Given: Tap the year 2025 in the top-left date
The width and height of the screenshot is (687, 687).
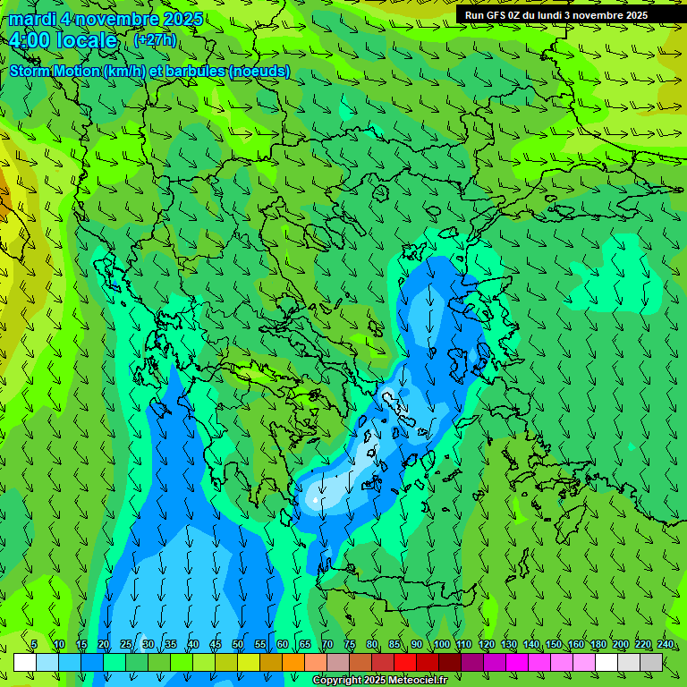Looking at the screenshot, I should point(182,19).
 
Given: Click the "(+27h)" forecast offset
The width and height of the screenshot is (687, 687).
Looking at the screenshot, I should point(155,40).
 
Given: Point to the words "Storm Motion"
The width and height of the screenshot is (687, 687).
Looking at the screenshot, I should point(55,71).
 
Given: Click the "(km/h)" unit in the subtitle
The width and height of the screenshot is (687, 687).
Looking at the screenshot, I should point(127,71).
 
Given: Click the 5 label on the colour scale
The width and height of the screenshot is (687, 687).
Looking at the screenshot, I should point(34,644).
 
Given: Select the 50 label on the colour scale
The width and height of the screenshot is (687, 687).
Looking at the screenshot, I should point(238,644).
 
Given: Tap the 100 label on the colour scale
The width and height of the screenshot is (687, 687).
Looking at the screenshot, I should point(442,644).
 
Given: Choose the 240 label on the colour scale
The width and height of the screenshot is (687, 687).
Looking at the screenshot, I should point(666,644).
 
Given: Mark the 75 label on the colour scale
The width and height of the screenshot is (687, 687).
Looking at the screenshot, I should point(350,644).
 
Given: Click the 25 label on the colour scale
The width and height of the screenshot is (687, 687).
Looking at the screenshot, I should point(126,644).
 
